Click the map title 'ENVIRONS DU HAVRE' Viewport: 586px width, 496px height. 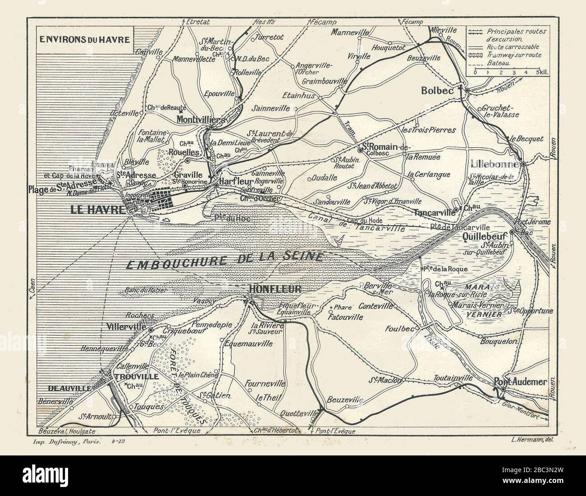coord(85,39)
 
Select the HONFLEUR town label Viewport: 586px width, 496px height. coord(275,290)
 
